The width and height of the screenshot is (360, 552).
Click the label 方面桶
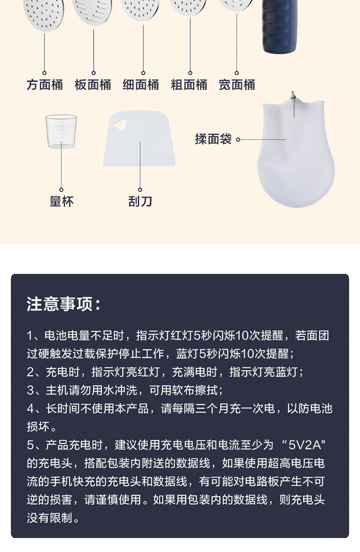click(x=44, y=85)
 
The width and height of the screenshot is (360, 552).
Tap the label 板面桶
click(x=93, y=85)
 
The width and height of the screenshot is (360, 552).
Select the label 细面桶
click(x=141, y=85)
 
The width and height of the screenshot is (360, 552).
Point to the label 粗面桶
click(x=189, y=85)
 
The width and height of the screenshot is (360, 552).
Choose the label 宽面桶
click(x=237, y=85)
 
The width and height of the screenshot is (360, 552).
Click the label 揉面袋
click(x=213, y=139)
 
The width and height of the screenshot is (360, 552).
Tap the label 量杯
click(x=61, y=201)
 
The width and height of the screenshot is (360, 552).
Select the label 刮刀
click(x=140, y=201)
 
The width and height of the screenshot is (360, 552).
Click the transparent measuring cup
click(x=61, y=131)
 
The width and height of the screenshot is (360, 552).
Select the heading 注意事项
click(x=64, y=304)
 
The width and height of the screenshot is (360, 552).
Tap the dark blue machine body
click(x=280, y=26)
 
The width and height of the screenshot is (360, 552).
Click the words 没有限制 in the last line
click(x=49, y=518)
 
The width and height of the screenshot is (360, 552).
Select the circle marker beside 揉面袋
click(x=238, y=140)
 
